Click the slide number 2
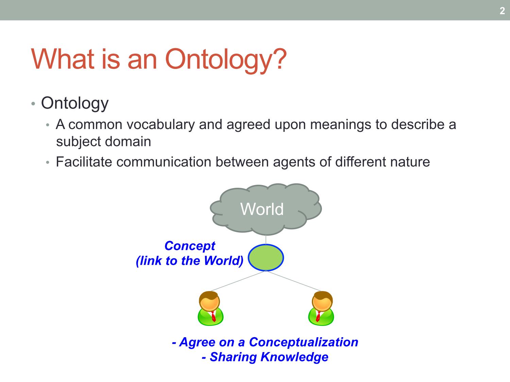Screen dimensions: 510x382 [502, 11]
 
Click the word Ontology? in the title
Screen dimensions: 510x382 [226, 59]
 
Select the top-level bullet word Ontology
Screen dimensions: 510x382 [75, 103]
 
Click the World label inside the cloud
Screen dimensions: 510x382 [262, 209]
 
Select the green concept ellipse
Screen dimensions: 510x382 [266, 257]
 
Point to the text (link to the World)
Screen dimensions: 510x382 [190, 261]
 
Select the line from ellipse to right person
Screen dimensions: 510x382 [294, 281]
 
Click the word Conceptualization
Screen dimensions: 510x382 [304, 342]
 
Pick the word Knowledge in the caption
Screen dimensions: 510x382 [294, 357]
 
